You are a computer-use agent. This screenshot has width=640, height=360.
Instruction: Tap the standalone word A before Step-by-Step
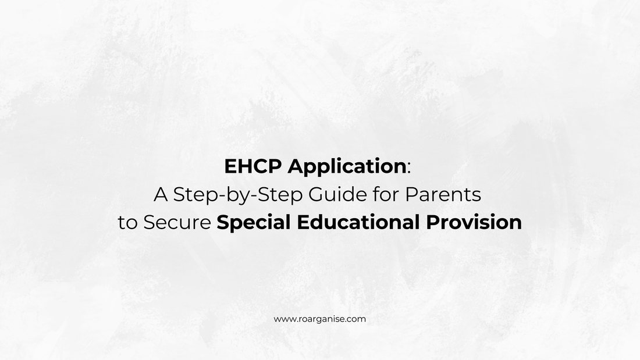[x=160, y=195]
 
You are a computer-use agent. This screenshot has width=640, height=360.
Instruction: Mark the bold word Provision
[x=473, y=223]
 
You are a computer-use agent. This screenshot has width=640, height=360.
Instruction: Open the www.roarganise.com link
[x=320, y=319]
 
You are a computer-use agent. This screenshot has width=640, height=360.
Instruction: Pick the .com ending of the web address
[x=355, y=319]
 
